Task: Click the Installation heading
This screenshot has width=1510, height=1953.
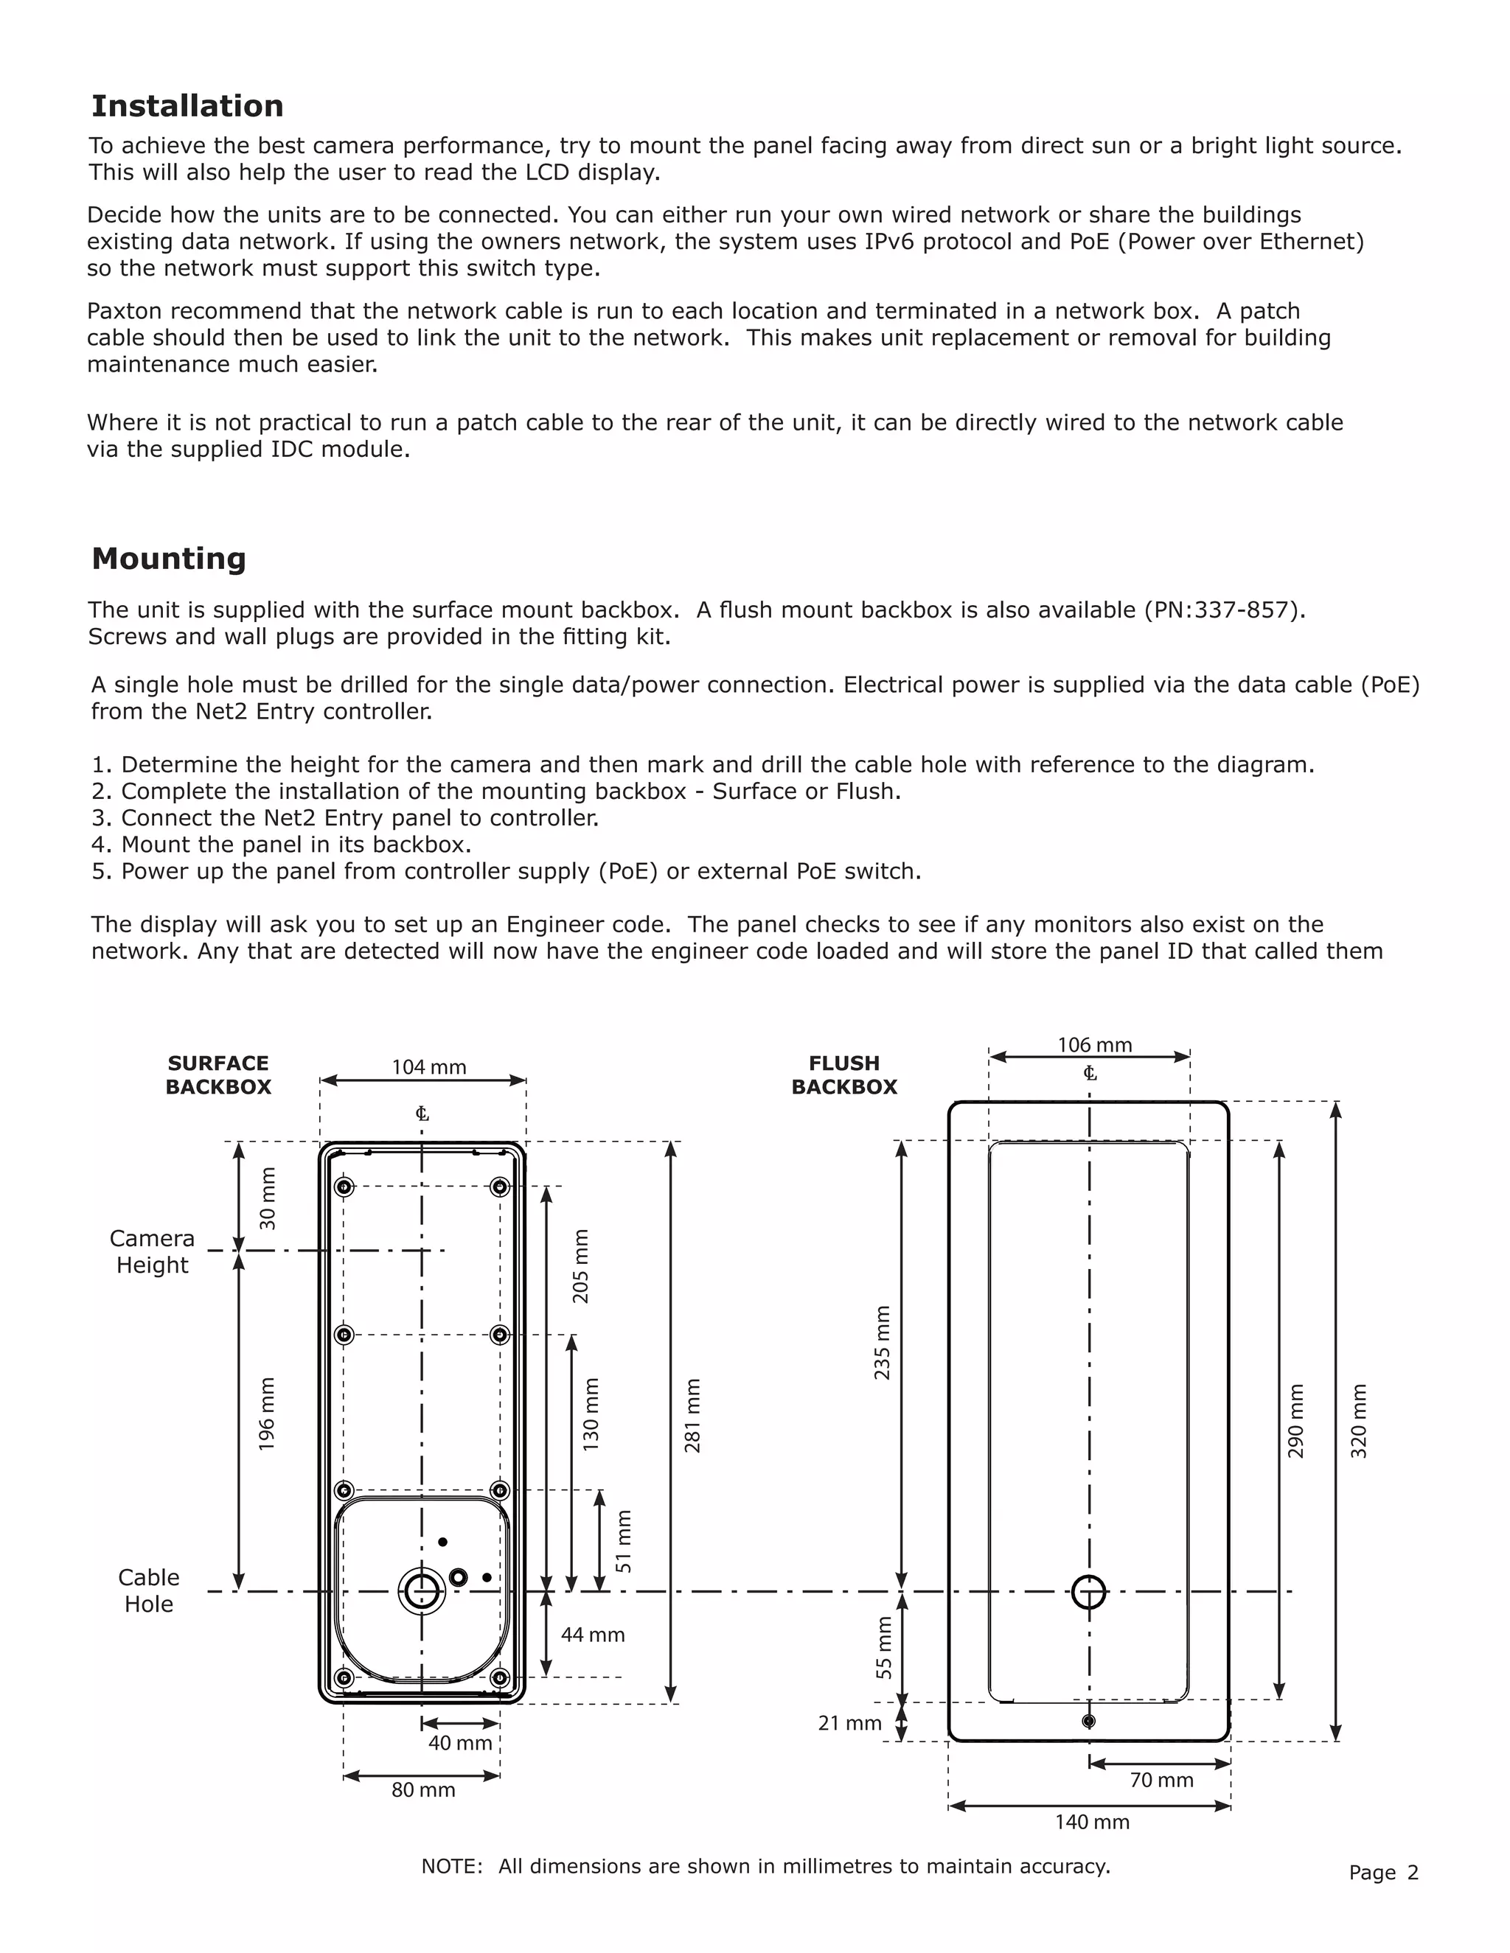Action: [187, 105]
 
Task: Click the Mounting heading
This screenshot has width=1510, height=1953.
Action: [168, 559]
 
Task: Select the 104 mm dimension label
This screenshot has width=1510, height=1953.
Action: [428, 1067]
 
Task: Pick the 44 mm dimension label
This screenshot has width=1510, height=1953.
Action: [592, 1635]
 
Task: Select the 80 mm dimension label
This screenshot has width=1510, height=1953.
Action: [423, 1789]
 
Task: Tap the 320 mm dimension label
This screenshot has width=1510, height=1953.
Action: [1359, 1421]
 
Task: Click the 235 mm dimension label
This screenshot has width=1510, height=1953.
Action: [882, 1342]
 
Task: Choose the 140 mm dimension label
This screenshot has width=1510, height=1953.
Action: [1091, 1822]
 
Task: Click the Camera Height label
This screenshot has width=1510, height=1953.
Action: [152, 1251]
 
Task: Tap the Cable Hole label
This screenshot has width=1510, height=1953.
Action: [148, 1590]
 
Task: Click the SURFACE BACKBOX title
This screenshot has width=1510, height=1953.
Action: [218, 1075]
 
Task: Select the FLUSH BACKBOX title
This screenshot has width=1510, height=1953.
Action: [843, 1075]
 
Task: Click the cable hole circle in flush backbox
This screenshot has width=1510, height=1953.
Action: [1089, 1592]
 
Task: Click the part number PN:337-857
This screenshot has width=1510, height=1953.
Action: [1222, 610]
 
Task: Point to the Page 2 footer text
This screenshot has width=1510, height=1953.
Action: [1383, 1873]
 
